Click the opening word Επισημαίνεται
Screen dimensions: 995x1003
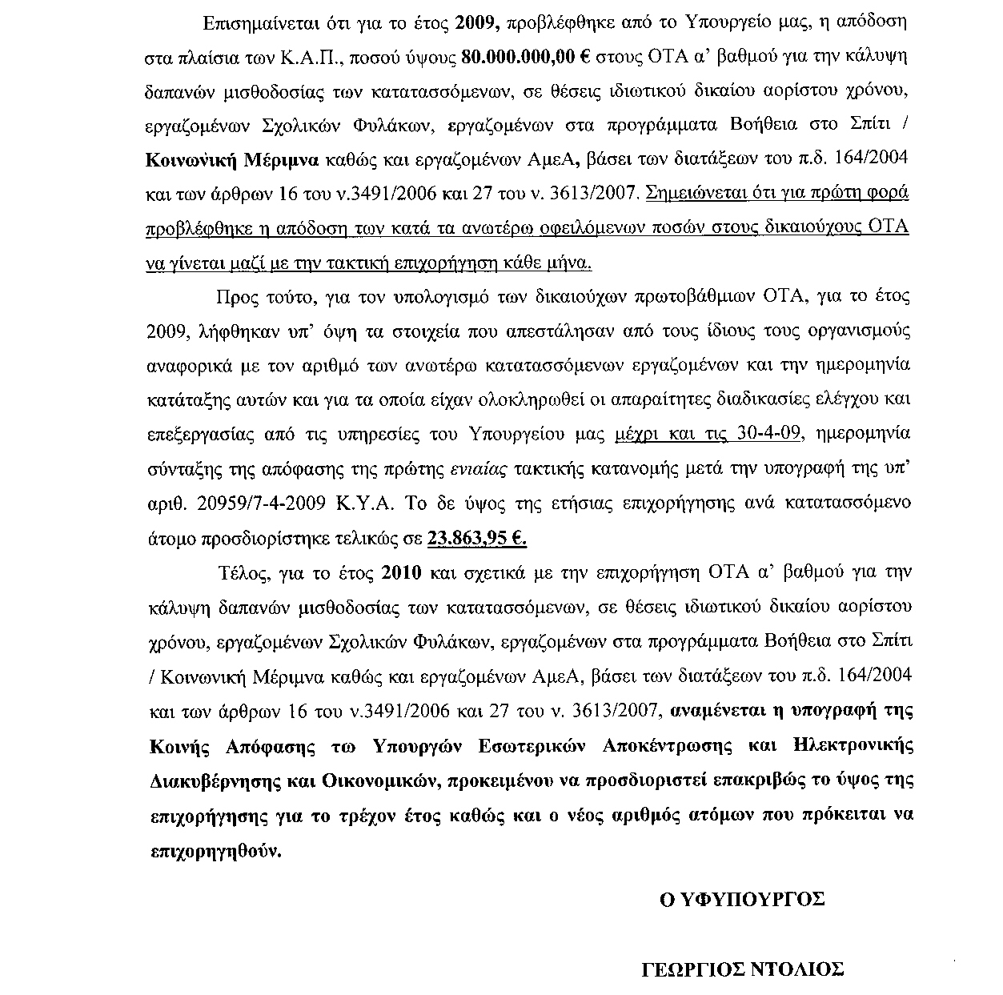point(255,23)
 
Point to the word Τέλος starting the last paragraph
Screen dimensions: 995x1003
point(242,573)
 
